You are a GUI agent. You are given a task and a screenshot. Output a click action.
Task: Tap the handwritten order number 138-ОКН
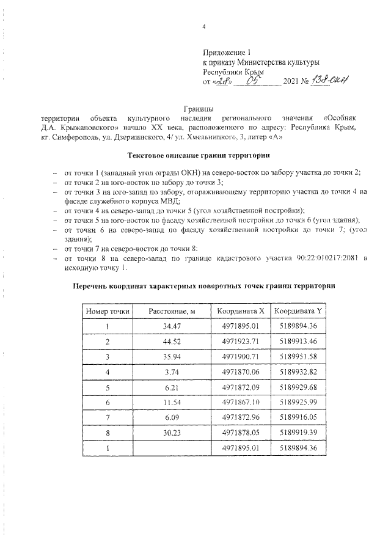(330, 82)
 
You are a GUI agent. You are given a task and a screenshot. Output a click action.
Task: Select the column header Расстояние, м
(172, 311)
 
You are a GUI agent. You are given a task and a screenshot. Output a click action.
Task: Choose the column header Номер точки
(108, 311)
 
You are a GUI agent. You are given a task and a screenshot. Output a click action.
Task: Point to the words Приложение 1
(227, 53)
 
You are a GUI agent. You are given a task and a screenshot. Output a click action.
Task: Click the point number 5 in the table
(108, 387)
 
